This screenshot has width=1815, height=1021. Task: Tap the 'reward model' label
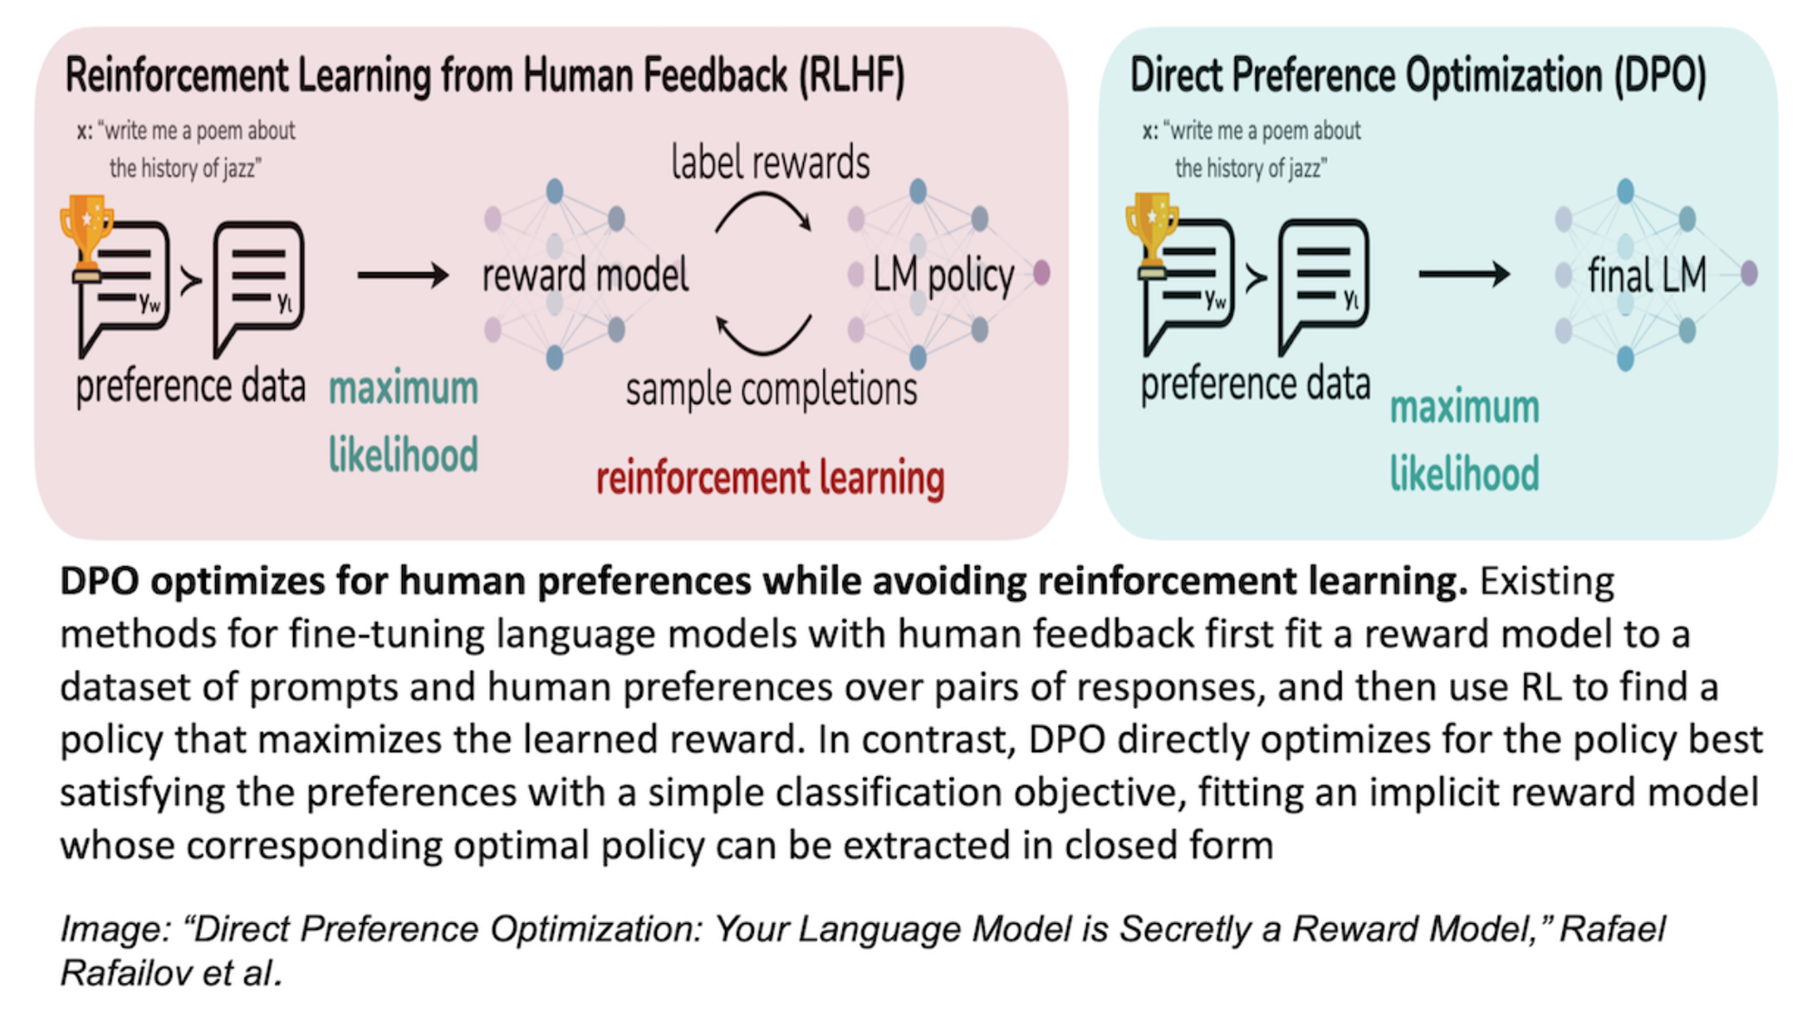[585, 275]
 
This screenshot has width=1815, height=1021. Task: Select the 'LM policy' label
[943, 275]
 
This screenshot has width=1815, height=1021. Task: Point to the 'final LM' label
[1646, 275]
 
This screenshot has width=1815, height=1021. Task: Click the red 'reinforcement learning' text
[770, 478]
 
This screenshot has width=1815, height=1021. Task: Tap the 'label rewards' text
[770, 163]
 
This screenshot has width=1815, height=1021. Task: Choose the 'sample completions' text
[771, 390]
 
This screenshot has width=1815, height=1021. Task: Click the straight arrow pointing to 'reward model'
[403, 275]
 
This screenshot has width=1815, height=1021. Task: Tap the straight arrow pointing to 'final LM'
[1464, 274]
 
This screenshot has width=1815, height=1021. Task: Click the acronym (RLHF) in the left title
[851, 76]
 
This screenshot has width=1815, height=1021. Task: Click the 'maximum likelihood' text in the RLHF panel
[403, 422]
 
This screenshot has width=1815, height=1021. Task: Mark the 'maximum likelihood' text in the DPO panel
[1465, 441]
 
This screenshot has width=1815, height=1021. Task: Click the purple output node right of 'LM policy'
[1042, 272]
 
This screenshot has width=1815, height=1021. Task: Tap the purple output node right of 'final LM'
[1749, 272]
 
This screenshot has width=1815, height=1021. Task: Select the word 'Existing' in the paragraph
[1547, 582]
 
